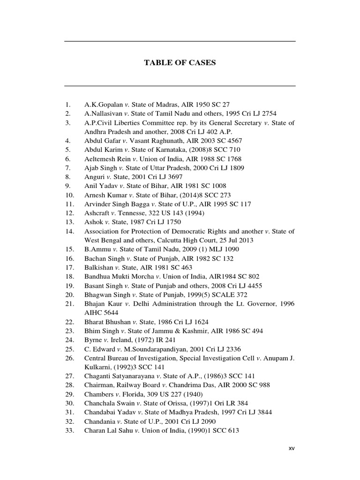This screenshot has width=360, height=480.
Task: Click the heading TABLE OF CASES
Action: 180,63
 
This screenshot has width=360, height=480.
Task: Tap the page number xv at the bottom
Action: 292,449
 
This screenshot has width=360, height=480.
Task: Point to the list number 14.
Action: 70,231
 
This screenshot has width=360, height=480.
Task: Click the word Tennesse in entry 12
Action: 129,213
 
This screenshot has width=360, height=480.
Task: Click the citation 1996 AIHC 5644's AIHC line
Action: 101,313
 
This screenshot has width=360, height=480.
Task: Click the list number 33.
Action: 70,430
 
